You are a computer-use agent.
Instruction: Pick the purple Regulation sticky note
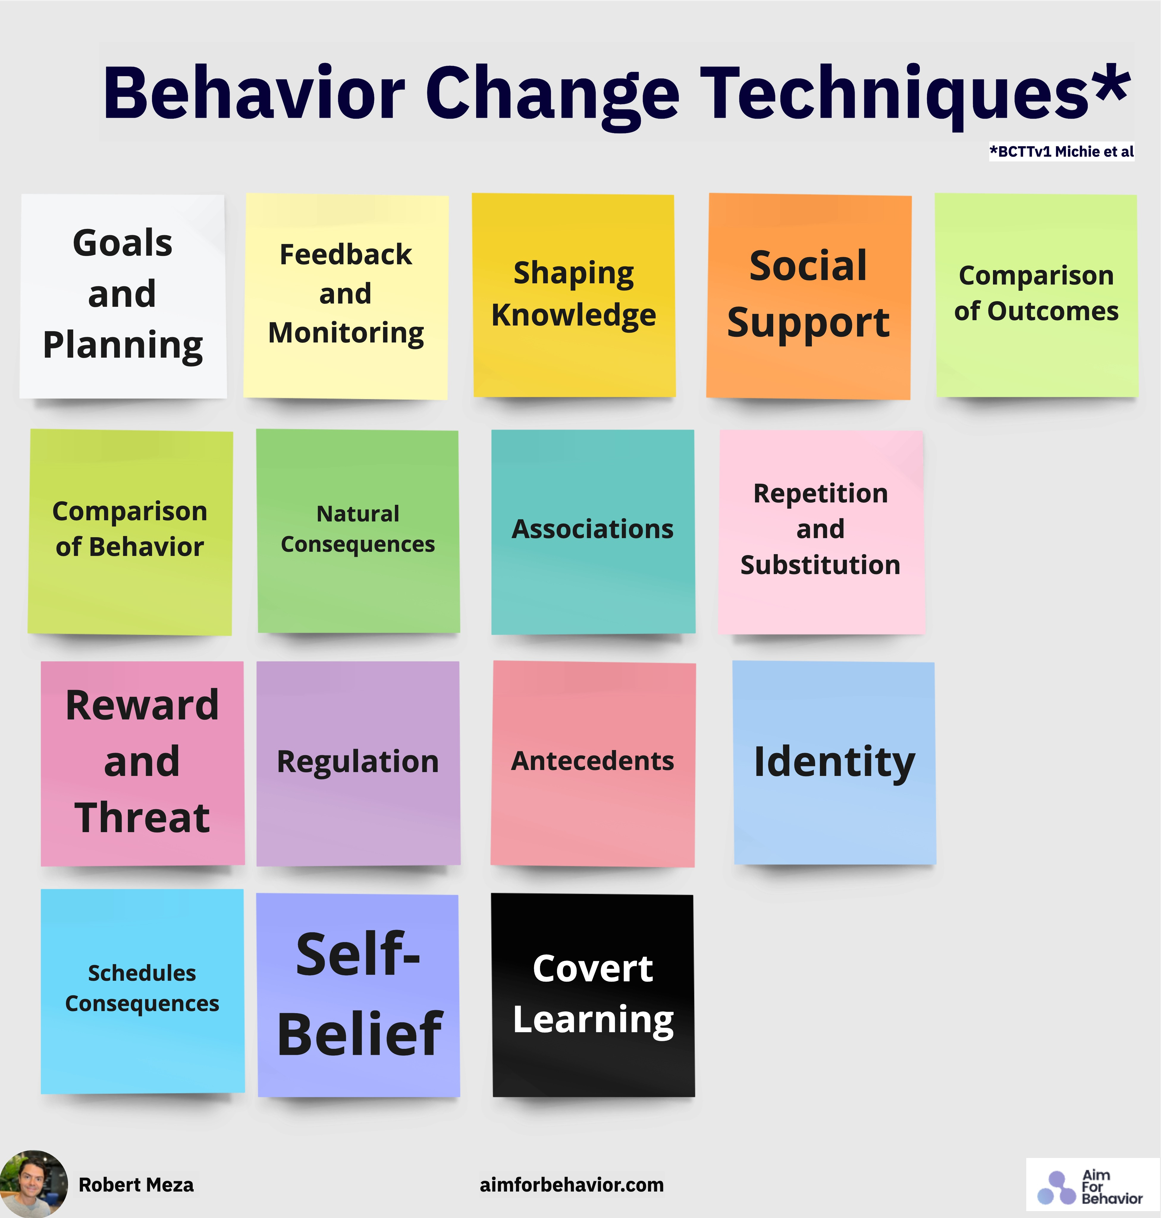358,762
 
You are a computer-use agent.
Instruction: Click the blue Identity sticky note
834,762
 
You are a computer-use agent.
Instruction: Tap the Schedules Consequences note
142,990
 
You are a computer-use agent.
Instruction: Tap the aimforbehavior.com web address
571,1185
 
